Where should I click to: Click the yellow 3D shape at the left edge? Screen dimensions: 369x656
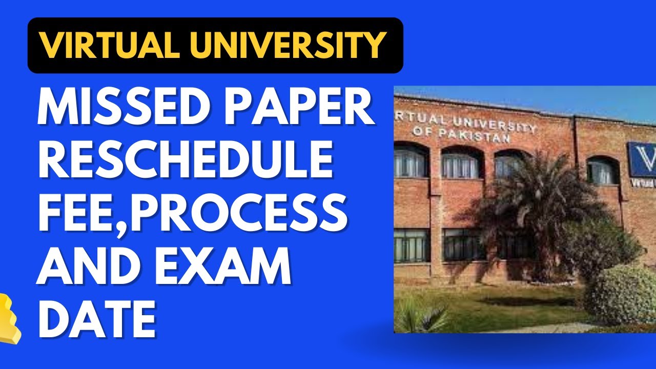click(x=9, y=318)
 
